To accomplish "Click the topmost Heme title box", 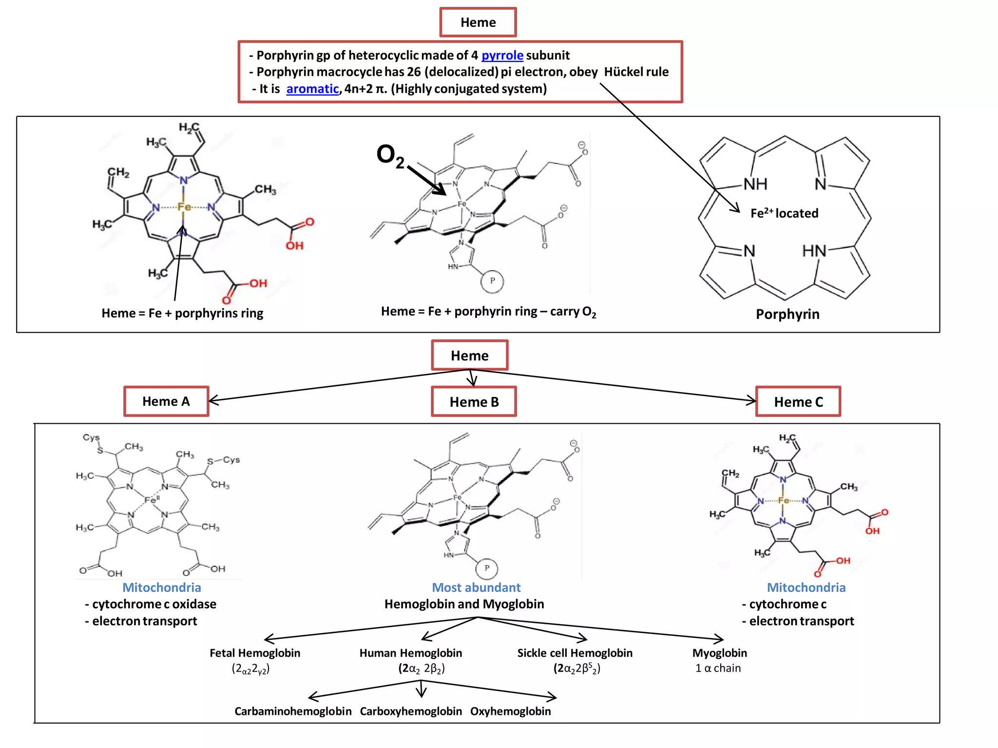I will point(478,22).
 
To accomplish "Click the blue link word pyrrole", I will point(502,56).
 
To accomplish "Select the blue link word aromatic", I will point(312,89).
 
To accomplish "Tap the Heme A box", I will point(166,401).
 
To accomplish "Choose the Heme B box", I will point(474,402).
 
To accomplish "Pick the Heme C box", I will point(798,402).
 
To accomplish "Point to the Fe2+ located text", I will point(784,213).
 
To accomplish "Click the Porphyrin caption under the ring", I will point(787,314).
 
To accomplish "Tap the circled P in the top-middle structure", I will point(492,281).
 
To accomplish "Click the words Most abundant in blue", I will point(476,587).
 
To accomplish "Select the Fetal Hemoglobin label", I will point(255,653).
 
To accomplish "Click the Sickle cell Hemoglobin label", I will point(575,653).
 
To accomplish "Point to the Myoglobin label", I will point(719,653).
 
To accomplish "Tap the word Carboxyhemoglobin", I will point(411,711).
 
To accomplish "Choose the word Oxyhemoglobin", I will point(510,711).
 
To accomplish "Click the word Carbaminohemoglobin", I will point(293,711).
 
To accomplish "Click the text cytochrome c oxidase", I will point(154,604).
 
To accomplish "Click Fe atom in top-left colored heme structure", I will point(184,207).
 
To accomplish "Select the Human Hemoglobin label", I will point(410,653).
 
